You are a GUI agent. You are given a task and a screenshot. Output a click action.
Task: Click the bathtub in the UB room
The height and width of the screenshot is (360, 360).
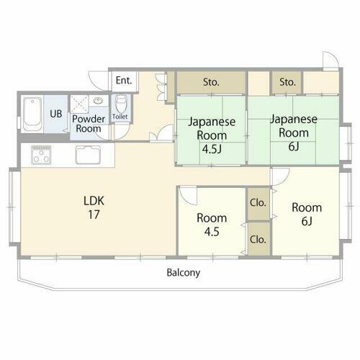(x=32, y=115)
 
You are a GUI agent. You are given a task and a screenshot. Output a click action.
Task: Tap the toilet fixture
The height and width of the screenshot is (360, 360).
(x=120, y=102)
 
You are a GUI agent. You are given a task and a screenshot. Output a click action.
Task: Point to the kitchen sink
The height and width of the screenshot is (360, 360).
(x=90, y=155)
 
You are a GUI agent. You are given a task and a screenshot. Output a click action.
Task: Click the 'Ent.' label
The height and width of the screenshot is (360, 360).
(x=123, y=80)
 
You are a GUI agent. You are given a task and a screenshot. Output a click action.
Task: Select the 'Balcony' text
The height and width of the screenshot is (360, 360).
(x=183, y=273)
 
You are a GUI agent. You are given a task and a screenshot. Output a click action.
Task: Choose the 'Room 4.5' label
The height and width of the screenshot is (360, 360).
(x=212, y=225)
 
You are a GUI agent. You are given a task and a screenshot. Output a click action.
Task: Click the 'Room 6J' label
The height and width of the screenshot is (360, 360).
(x=307, y=215)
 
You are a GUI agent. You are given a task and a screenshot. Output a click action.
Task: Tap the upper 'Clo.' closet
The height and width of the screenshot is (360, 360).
(x=258, y=203)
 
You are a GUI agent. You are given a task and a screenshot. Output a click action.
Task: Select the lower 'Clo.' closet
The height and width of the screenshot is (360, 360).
(x=258, y=239)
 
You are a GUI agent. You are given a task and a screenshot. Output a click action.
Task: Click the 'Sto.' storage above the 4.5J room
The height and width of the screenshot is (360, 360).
(x=210, y=81)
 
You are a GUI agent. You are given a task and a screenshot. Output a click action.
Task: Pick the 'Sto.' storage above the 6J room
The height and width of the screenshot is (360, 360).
(x=288, y=81)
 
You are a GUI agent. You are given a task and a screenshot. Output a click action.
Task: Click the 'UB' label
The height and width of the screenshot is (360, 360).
(x=55, y=113)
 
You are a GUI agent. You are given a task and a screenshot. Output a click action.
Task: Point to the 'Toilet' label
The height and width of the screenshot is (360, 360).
(x=120, y=117)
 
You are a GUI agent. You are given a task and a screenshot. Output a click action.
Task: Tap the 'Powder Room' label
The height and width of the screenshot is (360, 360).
(x=89, y=123)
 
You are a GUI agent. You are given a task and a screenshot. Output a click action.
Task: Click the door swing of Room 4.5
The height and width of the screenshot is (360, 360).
(x=188, y=197)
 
